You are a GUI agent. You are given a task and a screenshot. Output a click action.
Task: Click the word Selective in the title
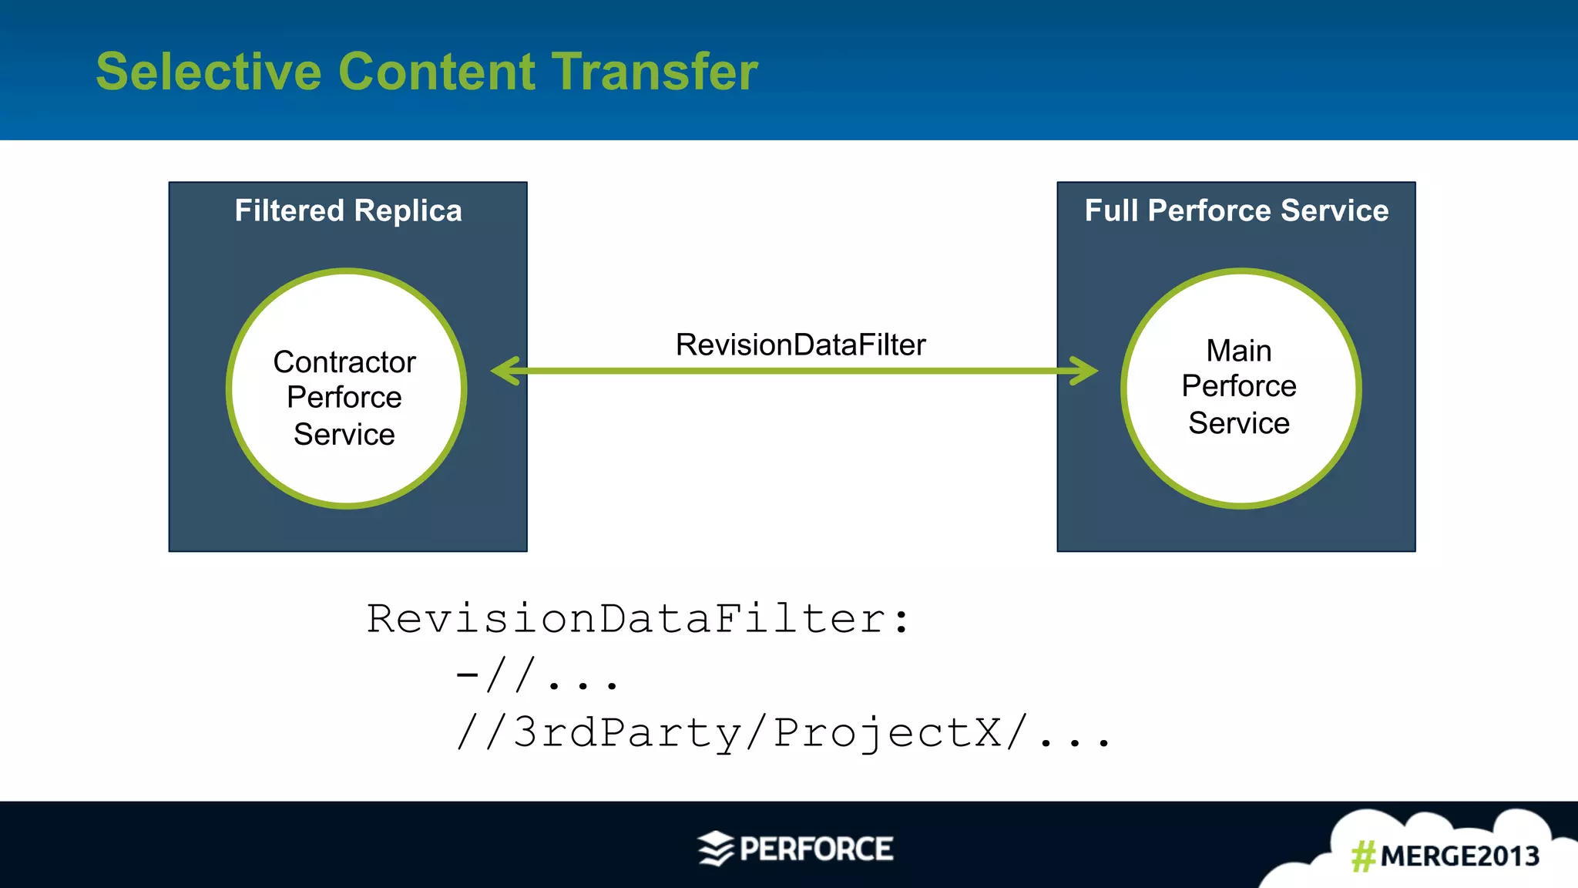point(208,72)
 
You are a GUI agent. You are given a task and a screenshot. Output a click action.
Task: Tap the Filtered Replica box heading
point(348,210)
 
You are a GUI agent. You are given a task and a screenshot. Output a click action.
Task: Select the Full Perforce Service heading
point(1236,210)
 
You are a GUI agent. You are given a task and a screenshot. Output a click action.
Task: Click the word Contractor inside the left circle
point(344,362)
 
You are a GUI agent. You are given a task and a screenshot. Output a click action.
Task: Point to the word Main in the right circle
point(1238,351)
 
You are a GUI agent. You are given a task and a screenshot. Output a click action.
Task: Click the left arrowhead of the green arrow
point(506,371)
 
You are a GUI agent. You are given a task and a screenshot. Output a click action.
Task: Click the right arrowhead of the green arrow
point(1083,371)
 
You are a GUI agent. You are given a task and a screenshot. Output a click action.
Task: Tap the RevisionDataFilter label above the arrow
point(801,345)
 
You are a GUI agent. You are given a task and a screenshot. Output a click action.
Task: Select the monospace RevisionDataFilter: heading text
point(638,619)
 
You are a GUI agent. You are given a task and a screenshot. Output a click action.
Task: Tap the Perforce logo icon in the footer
point(716,849)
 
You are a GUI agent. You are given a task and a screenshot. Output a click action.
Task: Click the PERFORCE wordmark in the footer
point(816,849)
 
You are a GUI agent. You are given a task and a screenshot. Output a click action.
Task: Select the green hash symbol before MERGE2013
point(1363,856)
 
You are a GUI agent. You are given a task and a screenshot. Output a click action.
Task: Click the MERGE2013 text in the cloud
point(1459,856)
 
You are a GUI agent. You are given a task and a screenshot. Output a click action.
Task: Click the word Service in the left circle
point(344,435)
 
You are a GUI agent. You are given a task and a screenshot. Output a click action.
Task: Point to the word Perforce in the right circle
point(1238,386)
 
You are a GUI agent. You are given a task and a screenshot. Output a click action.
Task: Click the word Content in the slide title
point(436,72)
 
